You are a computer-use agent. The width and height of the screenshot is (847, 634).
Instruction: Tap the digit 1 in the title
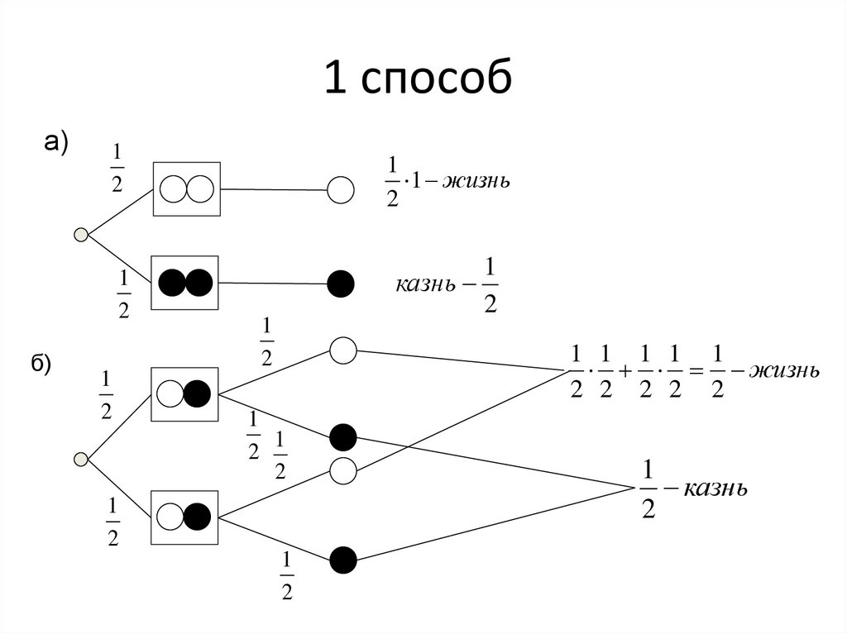tap(334, 79)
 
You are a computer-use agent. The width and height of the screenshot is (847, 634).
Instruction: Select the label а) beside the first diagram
tap(55, 142)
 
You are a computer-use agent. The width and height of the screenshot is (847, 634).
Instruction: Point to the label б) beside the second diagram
tap(40, 365)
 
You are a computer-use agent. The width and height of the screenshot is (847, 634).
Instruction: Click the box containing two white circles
tap(187, 189)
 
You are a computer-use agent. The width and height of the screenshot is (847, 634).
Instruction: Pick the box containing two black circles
tap(185, 283)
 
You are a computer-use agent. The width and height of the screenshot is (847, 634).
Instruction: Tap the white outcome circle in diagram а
tap(341, 190)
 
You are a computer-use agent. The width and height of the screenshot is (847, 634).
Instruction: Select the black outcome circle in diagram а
tap(341, 284)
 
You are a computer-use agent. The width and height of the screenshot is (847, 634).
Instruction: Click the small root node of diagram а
tap(81, 236)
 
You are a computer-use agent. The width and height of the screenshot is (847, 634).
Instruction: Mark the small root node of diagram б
tap(81, 459)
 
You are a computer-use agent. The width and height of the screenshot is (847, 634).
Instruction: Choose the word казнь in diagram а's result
tap(425, 285)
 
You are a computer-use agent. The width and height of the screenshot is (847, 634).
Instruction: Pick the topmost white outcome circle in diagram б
tap(342, 350)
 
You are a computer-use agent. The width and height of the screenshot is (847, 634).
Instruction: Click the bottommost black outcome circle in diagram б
tap(342, 560)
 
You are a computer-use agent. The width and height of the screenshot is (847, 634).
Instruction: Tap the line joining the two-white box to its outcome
tap(274, 189)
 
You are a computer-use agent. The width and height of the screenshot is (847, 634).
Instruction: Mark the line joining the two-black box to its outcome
tap(274, 284)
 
